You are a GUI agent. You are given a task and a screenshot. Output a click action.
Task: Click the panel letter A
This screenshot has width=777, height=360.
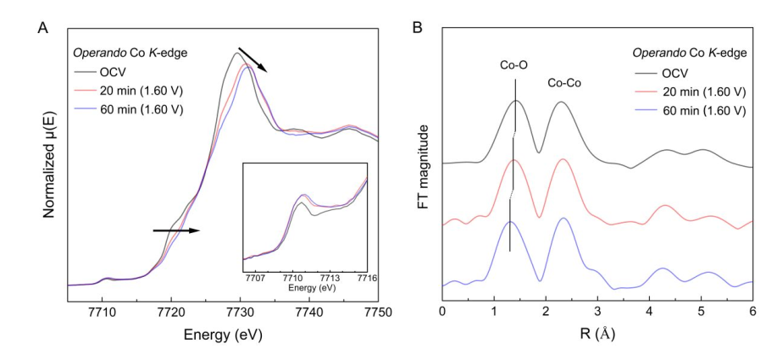[x=42, y=27]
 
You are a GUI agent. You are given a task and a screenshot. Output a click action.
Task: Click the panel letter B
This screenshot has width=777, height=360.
[x=417, y=27]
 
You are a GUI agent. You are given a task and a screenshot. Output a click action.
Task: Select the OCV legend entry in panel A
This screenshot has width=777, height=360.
[x=113, y=74]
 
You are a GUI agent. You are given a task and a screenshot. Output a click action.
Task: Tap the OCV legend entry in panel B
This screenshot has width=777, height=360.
[x=675, y=73]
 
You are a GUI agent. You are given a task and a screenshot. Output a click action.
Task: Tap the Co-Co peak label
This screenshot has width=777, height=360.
[x=564, y=82]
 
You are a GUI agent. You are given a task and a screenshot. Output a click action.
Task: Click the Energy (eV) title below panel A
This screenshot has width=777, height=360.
[x=223, y=334]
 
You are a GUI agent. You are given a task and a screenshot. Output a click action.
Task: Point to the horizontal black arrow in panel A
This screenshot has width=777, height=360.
[x=176, y=230]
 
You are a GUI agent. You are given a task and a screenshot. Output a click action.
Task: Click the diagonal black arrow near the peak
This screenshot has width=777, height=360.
[x=252, y=60]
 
